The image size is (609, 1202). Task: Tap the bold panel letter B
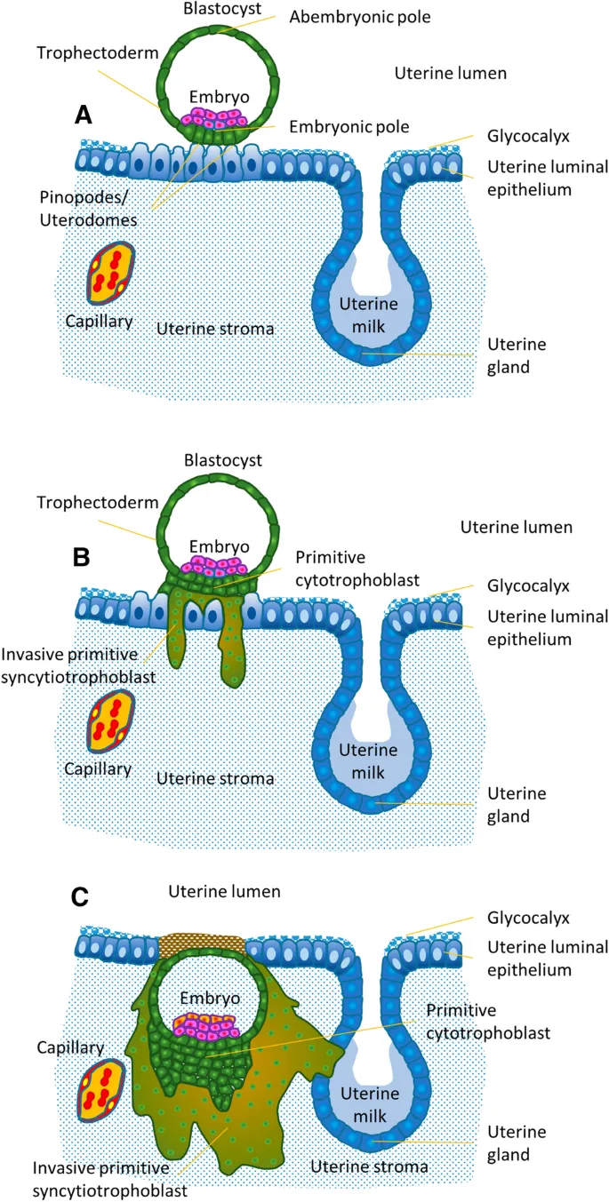(81, 557)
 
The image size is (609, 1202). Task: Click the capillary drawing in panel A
(112, 273)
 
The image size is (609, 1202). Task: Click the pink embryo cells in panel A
(213, 119)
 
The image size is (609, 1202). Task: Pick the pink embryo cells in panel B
(213, 565)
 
